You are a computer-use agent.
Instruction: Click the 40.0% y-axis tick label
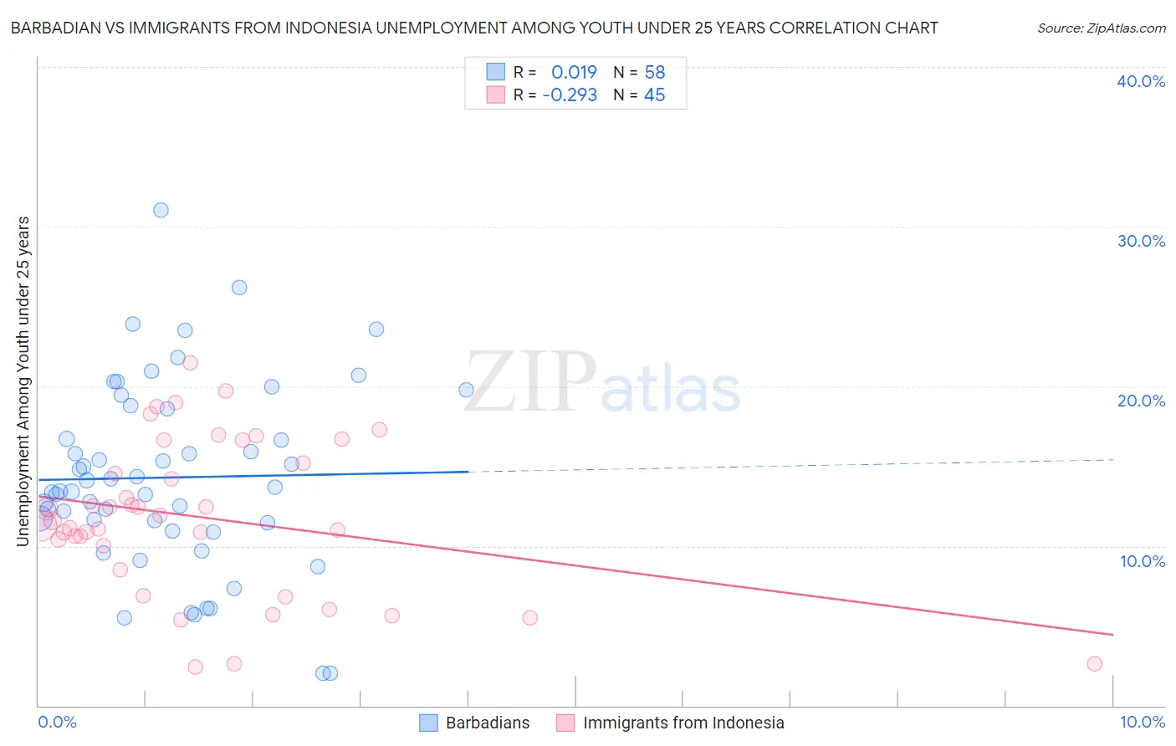1140,81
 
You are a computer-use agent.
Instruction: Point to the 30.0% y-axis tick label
1140,241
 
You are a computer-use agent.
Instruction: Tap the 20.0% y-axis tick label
1140,401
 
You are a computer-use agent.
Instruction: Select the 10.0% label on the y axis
1142,561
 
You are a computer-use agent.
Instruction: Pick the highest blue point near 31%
161,210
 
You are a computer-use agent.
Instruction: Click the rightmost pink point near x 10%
1094,664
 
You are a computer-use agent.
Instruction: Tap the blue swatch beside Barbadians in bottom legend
428,723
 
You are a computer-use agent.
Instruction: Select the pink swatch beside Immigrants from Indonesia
565,723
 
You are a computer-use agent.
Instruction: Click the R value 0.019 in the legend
574,73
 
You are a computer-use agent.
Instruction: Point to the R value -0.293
570,95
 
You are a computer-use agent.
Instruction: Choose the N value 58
654,73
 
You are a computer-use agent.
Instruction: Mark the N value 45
654,95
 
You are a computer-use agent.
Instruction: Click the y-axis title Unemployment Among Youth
23,381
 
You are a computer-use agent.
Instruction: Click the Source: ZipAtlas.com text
1101,28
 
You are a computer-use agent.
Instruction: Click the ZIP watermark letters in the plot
529,384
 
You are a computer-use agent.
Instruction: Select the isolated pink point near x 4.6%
529,618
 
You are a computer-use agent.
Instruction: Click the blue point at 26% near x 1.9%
239,288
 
